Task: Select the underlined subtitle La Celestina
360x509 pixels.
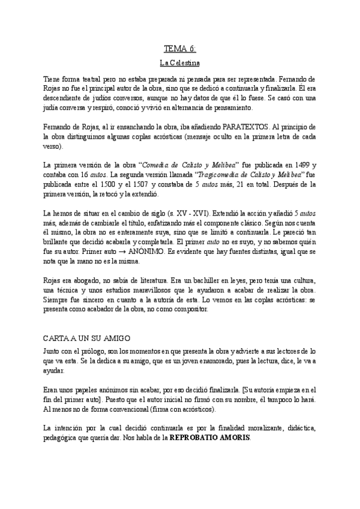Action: (x=180, y=62)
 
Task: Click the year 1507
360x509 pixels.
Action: (x=138, y=183)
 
